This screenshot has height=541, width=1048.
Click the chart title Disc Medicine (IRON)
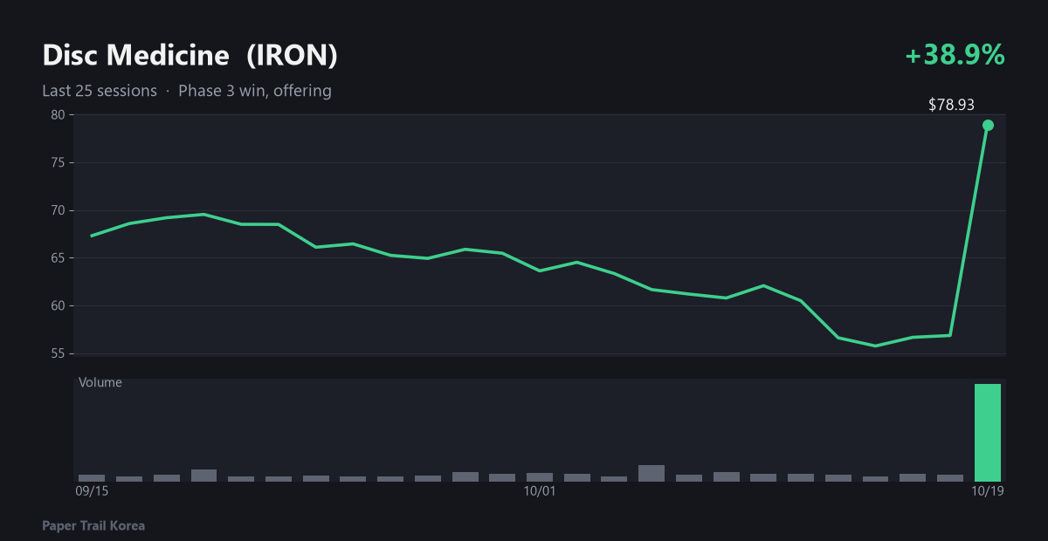click(x=190, y=56)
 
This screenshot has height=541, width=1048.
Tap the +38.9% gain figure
click(x=955, y=55)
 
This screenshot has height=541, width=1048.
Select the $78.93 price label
click(x=951, y=105)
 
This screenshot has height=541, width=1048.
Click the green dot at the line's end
click(x=988, y=126)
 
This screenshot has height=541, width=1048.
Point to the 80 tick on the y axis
click(x=58, y=115)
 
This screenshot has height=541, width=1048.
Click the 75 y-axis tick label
click(x=58, y=162)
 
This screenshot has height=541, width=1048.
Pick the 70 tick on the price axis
click(x=58, y=210)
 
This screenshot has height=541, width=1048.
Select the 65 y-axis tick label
click(x=58, y=258)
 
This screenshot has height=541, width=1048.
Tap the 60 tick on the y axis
click(x=58, y=305)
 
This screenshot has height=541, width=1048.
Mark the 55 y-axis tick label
click(x=58, y=353)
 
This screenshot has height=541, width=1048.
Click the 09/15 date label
click(x=92, y=491)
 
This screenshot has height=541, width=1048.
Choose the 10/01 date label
click(x=540, y=491)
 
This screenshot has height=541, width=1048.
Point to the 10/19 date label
click(x=988, y=491)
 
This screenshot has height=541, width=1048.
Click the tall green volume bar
click(x=988, y=433)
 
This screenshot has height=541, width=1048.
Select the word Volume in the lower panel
click(x=100, y=382)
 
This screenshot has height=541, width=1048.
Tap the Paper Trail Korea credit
click(x=93, y=526)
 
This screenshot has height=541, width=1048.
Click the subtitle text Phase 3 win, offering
click(x=255, y=91)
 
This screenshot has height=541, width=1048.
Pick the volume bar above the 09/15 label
click(x=92, y=478)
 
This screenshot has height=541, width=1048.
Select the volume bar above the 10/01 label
click(x=540, y=477)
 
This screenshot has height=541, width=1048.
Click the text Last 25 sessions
click(x=100, y=91)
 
